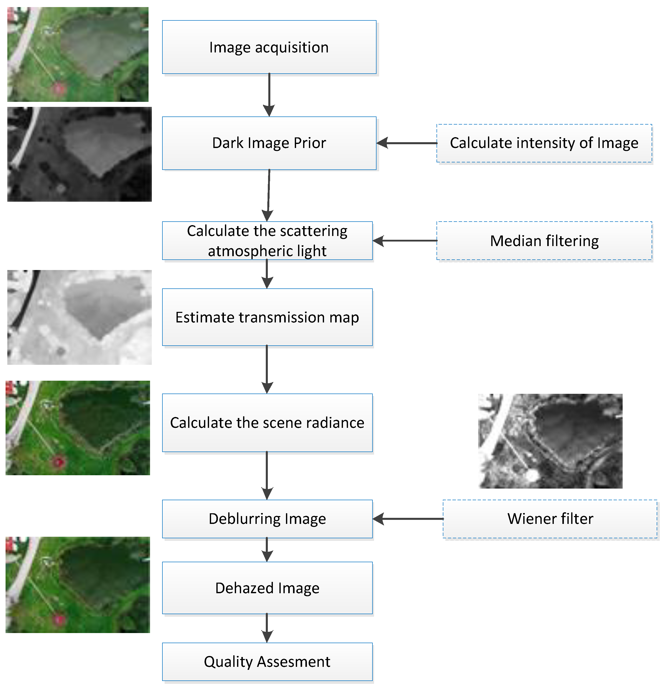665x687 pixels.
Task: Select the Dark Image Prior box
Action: (269, 143)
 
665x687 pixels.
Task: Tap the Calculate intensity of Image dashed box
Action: (544, 143)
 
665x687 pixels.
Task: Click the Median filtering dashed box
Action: (544, 241)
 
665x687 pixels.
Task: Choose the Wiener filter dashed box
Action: (550, 519)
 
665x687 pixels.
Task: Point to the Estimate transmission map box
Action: (267, 317)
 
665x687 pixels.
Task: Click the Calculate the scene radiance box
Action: (267, 423)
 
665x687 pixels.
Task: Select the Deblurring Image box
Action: (267, 519)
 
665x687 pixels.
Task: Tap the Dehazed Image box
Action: (267, 588)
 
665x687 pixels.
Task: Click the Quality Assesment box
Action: (267, 662)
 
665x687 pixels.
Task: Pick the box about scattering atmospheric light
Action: (267, 241)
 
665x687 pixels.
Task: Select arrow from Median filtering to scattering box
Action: (405, 241)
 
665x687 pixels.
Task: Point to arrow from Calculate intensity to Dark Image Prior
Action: (407, 143)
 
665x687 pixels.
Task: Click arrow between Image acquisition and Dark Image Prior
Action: (269, 95)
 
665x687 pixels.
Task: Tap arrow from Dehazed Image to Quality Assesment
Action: (267, 628)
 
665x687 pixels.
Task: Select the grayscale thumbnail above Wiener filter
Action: (550, 441)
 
